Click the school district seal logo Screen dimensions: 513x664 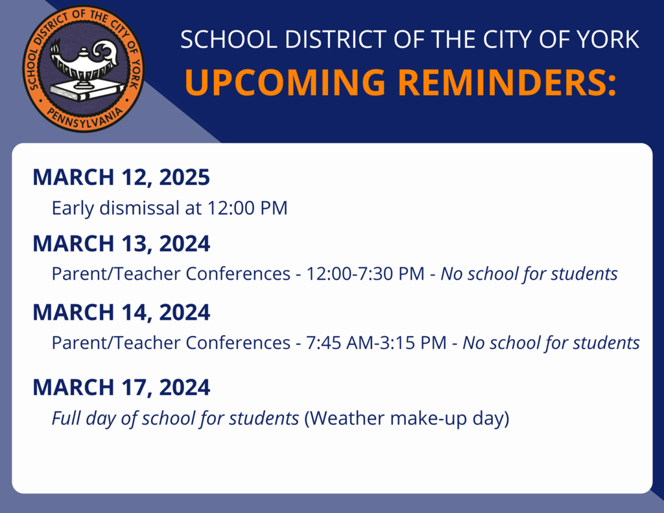coord(84,69)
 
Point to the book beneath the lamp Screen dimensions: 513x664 coord(80,90)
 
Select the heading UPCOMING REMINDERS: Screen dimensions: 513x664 coord(400,82)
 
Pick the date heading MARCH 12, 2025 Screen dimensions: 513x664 coord(121,177)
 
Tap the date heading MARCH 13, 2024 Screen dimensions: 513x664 coord(121,244)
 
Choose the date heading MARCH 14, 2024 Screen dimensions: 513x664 coord(121,313)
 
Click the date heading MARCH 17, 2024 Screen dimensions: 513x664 coord(121,388)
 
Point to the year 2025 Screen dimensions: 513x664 coord(184,177)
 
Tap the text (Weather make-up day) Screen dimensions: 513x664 coord(407,418)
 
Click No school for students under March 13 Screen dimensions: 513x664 coord(529,274)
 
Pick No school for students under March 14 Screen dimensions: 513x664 coord(551,342)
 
